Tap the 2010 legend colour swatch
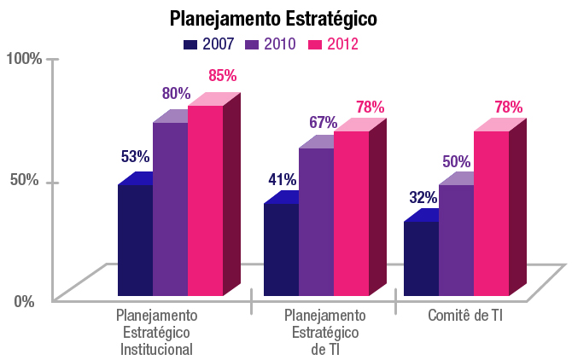[254, 44]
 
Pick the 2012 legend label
[341, 44]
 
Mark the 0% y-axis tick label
[23, 300]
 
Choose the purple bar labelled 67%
[315, 222]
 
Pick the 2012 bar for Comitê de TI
[491, 213]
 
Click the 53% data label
[135, 157]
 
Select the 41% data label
[282, 180]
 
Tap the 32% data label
[423, 198]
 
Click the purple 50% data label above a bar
[456, 161]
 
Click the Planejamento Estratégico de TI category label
[324, 332]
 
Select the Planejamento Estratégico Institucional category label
[156, 332]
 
